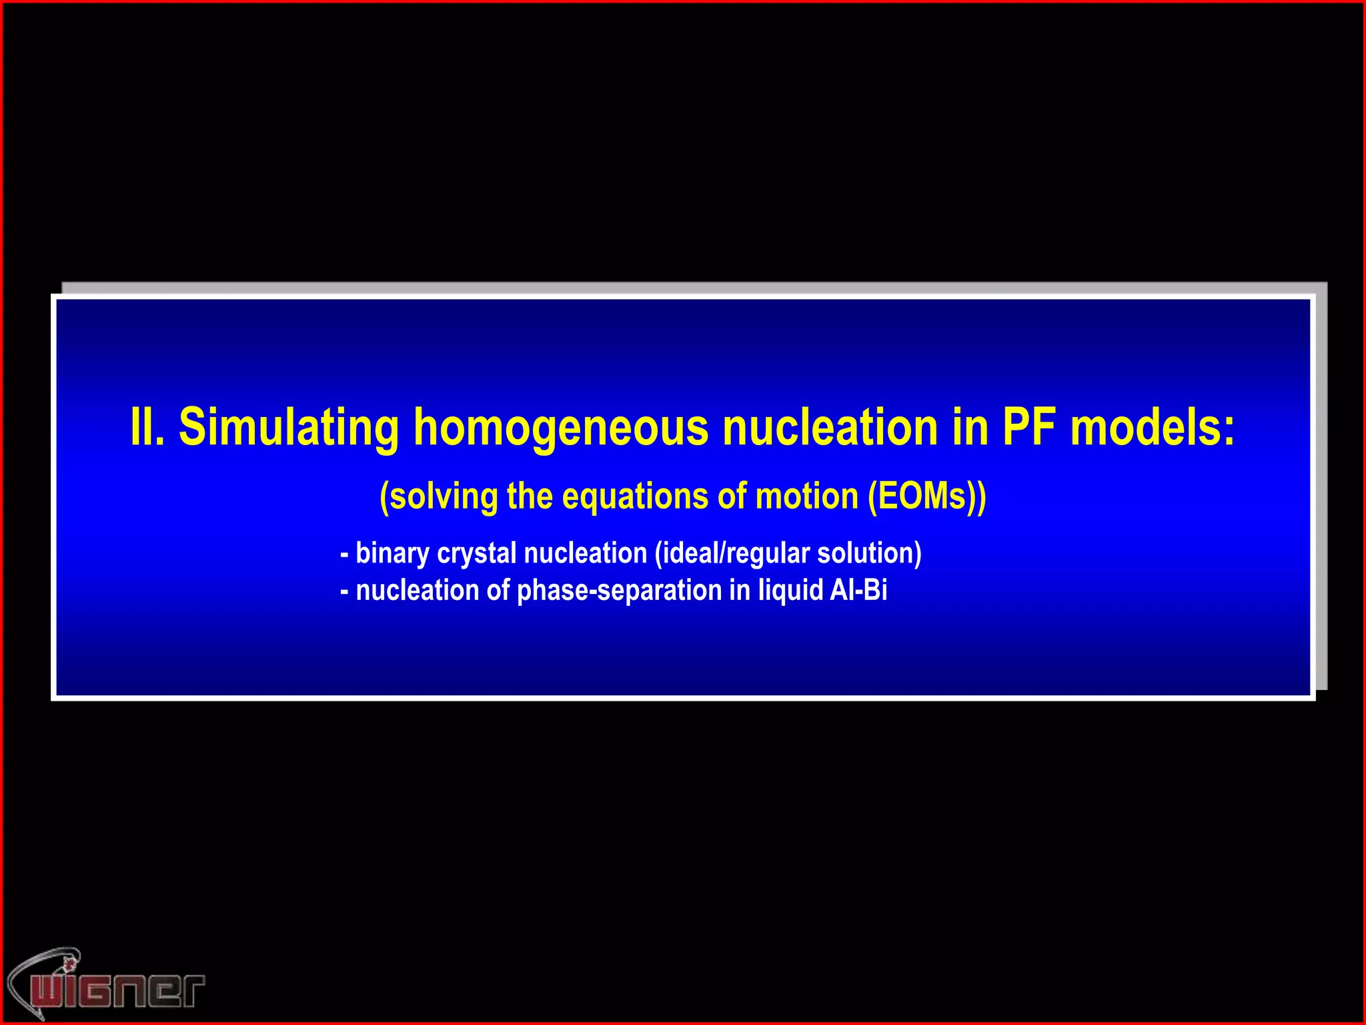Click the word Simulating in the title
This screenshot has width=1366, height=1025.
coord(289,428)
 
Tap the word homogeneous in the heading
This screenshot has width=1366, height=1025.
coord(560,428)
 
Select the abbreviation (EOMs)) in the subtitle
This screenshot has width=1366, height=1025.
coord(926,496)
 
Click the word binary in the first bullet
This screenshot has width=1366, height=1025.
coord(392,554)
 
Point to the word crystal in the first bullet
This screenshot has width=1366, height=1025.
coord(476,554)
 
